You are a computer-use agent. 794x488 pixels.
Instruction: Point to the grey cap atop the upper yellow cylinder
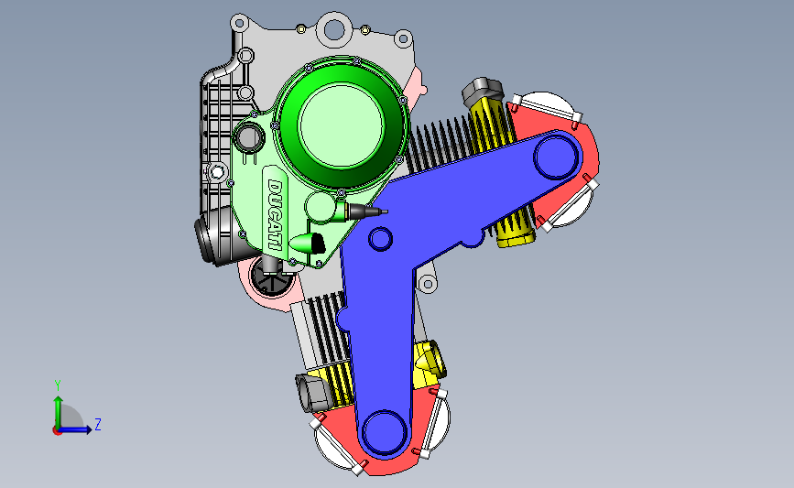(483, 91)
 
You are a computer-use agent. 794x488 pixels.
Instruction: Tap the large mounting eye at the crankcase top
(334, 28)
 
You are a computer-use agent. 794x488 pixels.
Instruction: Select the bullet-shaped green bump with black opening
(308, 244)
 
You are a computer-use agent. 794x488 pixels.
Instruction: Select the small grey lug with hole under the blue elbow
(427, 285)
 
